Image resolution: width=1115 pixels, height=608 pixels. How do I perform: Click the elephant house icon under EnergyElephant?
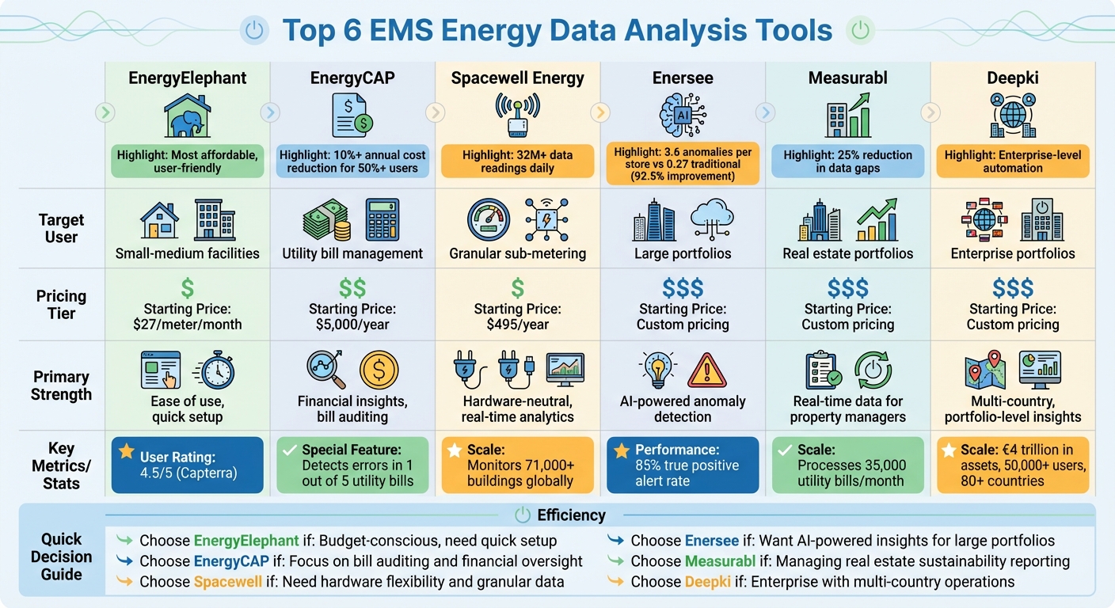pos(188,116)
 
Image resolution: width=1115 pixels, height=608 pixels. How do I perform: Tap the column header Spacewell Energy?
pos(518,78)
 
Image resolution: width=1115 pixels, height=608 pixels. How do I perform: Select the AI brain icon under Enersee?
pos(682,116)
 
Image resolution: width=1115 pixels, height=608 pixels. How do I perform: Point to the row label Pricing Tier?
pos(61,305)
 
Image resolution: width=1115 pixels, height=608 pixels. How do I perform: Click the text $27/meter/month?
pos(188,325)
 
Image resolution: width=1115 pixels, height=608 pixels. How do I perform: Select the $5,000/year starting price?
pos(352,325)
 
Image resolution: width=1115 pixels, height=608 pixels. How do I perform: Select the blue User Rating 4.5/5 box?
pos(188,465)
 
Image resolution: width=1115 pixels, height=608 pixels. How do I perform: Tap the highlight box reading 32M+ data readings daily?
pos(518,161)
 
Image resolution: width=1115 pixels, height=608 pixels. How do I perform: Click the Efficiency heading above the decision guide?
pos(570,515)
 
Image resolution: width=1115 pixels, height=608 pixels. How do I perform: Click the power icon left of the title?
pos(253,31)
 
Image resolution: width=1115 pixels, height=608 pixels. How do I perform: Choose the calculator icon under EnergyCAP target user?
pos(382,219)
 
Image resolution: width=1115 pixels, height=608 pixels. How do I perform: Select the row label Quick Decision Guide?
pos(61,557)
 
